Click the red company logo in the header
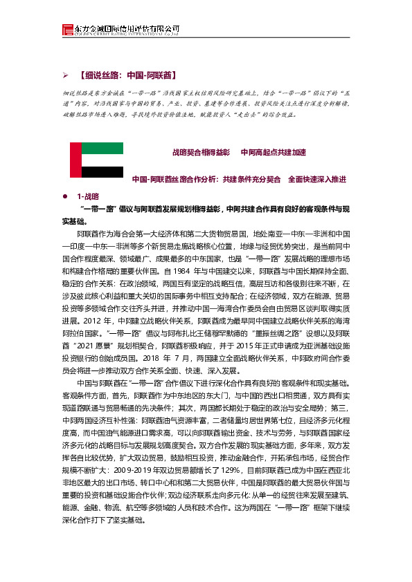(67, 29)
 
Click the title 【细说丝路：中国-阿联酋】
(129, 74)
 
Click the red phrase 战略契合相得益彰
(201, 151)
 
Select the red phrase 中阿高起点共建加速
(273, 151)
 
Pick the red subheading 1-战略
(88, 196)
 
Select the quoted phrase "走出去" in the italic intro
(253, 115)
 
